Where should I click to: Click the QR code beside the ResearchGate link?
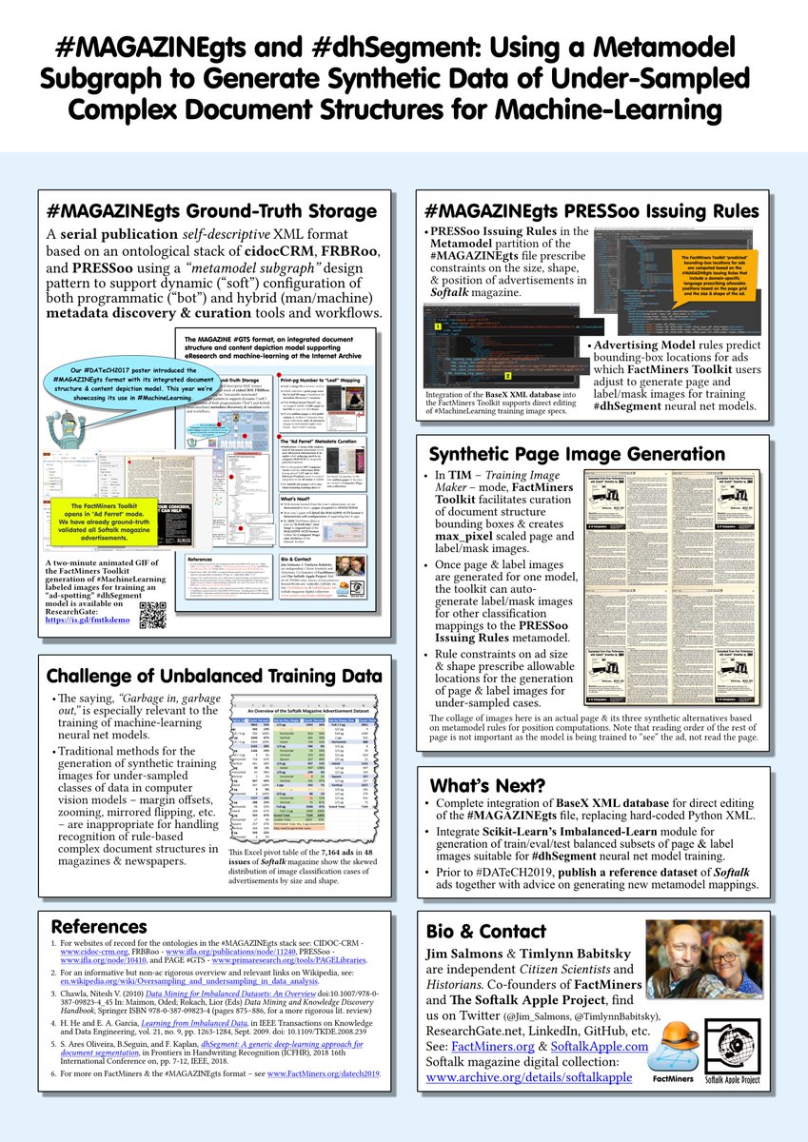152,616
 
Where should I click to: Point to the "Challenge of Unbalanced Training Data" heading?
214,676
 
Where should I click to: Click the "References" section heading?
99,926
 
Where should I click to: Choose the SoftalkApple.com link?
599,1046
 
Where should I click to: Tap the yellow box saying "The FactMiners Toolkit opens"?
113,517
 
